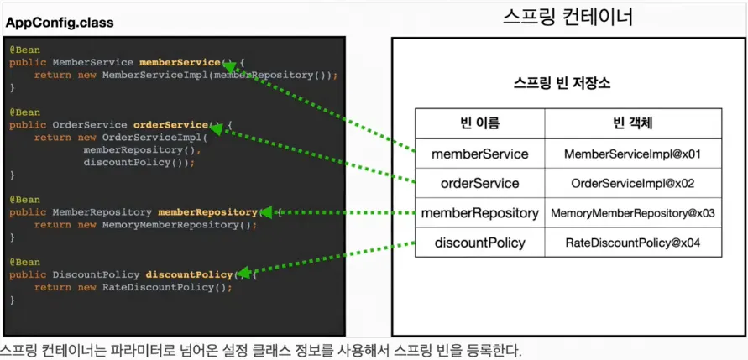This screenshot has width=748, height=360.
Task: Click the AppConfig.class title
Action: pos(60,23)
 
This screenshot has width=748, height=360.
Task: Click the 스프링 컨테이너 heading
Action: pos(568,18)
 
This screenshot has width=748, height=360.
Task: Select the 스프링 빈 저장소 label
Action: pos(562,84)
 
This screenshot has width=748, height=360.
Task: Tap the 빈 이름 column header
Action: pos(480,123)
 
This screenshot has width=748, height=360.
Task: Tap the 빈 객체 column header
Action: pos(633,123)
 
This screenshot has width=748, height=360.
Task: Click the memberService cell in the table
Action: pos(480,154)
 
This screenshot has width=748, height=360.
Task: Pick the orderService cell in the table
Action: pos(480,183)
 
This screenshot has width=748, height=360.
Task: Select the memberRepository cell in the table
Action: pos(480,213)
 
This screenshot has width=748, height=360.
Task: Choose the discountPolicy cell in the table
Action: pos(480,243)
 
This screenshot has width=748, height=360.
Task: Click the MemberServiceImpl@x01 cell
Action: pos(633,154)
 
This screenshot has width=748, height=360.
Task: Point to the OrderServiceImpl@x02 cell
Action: pos(633,184)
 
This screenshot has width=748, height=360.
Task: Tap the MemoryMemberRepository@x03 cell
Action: pos(633,213)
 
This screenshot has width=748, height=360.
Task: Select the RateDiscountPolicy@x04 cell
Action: pos(633,243)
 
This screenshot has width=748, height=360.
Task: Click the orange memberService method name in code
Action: pos(179,62)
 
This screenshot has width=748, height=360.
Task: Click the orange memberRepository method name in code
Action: pos(207,212)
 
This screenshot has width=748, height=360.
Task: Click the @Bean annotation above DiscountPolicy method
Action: pos(25,262)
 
